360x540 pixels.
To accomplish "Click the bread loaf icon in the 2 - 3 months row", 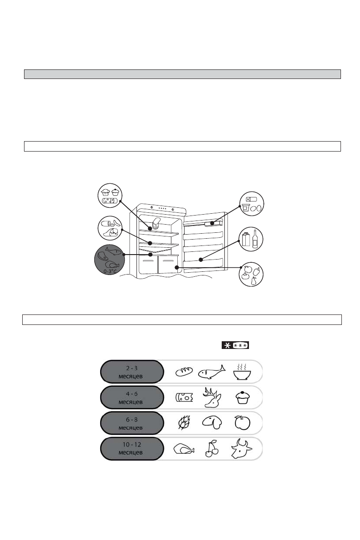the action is coord(184,372).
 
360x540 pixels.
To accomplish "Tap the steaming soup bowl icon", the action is coord(242,372).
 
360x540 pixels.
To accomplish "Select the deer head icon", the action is coord(212,397).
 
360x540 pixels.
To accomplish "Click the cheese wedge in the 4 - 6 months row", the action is coord(184,398).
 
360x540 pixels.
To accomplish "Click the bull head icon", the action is coord(241,448).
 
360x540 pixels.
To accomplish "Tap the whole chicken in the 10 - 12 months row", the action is coord(184,449).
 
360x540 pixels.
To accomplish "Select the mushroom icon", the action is coord(212,422).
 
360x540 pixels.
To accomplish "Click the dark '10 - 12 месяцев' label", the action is coord(132,449).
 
